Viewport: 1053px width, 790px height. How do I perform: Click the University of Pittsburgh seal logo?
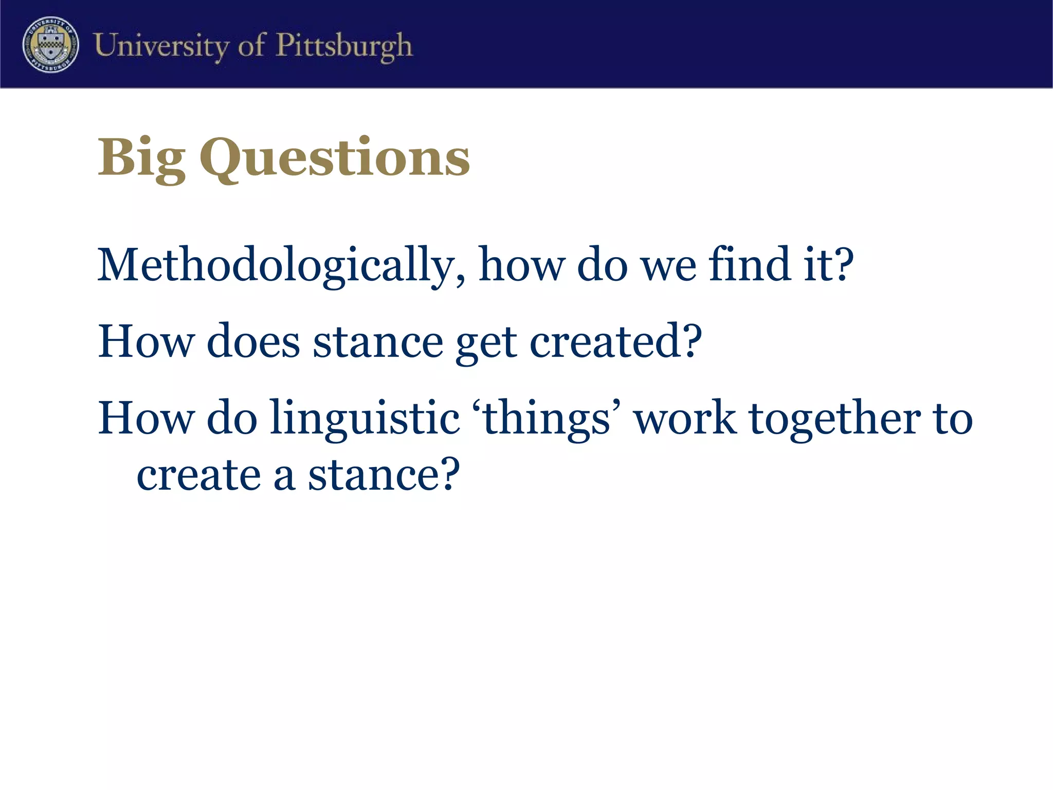tap(50, 44)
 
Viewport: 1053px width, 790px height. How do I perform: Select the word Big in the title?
tap(141, 157)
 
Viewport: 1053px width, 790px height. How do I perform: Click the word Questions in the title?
tap(335, 157)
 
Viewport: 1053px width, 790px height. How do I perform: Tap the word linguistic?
tap(365, 419)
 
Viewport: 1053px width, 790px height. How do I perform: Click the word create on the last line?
tap(198, 475)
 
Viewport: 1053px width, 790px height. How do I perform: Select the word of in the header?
tap(252, 45)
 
